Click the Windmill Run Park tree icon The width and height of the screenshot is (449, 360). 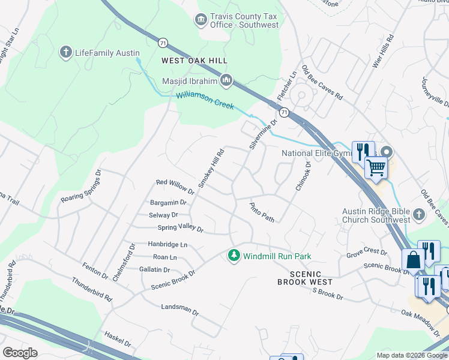(x=234, y=256)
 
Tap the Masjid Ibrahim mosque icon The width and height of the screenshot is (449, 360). (x=226, y=79)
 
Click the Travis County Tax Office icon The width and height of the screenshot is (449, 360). (x=200, y=20)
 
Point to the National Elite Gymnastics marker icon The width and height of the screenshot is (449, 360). (x=388, y=153)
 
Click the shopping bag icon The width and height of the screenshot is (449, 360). (x=413, y=261)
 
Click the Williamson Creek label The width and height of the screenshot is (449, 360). (x=205, y=100)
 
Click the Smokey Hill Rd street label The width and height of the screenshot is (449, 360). (x=211, y=168)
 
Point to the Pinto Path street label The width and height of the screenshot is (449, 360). (x=262, y=212)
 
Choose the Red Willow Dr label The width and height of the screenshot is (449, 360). (x=175, y=187)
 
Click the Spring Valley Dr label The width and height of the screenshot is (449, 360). (x=181, y=229)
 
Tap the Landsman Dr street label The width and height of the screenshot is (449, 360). (x=179, y=309)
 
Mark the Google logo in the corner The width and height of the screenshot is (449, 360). (x=20, y=353)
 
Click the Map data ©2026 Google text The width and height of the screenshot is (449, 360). (x=411, y=355)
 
